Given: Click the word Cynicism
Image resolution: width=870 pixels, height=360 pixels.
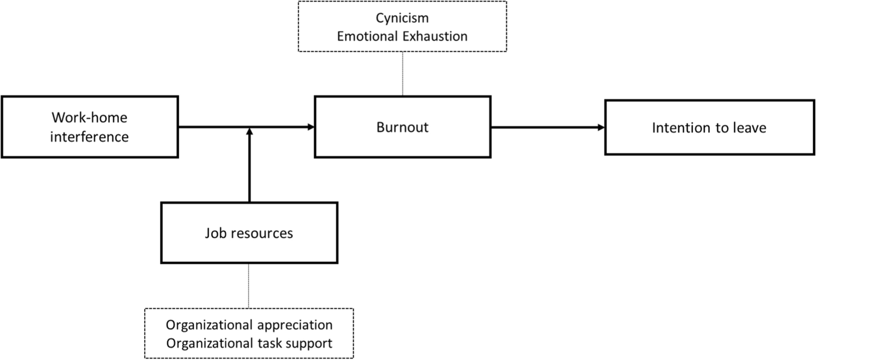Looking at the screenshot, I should point(402,18).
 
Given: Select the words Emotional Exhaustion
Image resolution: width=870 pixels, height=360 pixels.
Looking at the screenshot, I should point(402,36).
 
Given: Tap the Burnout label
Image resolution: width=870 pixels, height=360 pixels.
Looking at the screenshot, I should point(402,127).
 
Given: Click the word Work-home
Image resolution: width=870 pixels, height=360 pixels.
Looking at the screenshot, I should point(89,118).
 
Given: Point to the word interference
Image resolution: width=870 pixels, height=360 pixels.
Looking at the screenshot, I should point(89,137).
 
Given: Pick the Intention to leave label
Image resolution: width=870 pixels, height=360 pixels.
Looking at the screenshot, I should point(709,128).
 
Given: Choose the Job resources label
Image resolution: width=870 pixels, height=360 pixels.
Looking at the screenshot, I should point(249,233).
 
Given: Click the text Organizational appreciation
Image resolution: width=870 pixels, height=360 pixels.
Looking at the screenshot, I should point(249,325).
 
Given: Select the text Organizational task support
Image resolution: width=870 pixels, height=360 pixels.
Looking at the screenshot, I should point(249,343).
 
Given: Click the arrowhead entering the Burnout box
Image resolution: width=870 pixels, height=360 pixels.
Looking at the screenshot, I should point(311,127).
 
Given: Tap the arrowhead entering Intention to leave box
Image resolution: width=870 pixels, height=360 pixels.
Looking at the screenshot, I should point(601,128).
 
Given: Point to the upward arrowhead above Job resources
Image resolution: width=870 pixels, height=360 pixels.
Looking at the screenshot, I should point(249,132).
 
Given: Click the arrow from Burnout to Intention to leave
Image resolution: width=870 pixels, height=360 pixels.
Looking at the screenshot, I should point(546,128).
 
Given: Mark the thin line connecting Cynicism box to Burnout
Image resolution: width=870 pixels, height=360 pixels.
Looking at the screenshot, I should point(403,74).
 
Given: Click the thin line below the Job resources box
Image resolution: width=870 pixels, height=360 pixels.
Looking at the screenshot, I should point(248,285).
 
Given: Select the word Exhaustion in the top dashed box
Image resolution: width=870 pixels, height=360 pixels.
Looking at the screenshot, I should point(435,36).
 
